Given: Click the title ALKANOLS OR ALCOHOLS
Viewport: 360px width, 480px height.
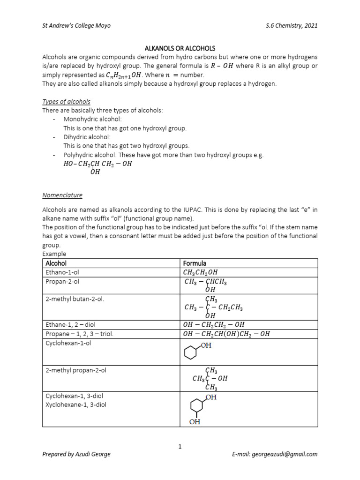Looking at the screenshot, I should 180,48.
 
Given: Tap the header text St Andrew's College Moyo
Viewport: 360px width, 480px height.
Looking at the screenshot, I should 76,25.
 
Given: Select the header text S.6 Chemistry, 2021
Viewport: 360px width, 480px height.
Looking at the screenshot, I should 291,25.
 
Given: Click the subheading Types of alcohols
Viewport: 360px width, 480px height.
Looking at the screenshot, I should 66,102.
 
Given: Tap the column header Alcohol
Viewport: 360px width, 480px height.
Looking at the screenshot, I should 56,263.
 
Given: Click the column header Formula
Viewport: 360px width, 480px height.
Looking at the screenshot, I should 195,263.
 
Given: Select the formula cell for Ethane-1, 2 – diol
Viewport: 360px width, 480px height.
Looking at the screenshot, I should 213,324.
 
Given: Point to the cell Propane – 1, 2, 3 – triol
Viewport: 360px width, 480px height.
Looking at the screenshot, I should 79,333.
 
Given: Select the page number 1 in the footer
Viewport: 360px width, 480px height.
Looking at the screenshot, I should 180,446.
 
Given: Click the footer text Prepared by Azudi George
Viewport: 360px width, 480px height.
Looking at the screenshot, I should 76,454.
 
